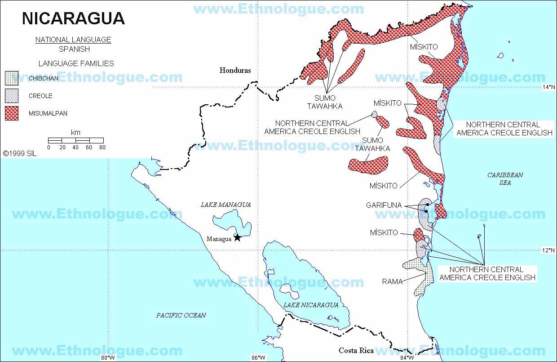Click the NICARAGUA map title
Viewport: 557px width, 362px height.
tap(73, 18)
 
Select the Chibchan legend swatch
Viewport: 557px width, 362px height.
tap(12, 78)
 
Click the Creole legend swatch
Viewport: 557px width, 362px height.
tap(12, 96)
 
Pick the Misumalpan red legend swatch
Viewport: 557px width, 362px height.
tap(12, 113)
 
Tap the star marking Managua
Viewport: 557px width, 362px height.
tap(237, 238)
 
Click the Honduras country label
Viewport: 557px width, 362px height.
tap(235, 70)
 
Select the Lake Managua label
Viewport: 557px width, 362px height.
tap(225, 205)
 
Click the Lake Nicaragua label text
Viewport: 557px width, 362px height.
tap(310, 305)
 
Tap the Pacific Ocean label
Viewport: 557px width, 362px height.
tap(181, 315)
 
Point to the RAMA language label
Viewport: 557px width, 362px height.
tap(392, 282)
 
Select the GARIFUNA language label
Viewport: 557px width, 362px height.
tap(384, 205)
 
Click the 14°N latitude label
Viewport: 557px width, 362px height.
tap(548, 88)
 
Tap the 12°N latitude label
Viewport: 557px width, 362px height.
tap(548, 250)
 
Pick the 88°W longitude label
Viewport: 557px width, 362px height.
tap(107, 358)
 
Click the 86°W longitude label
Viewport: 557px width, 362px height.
tap(257, 358)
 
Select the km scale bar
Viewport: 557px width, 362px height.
tap(75, 140)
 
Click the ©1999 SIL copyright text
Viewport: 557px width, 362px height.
tap(19, 153)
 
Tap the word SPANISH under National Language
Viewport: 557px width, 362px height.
tap(74, 49)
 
